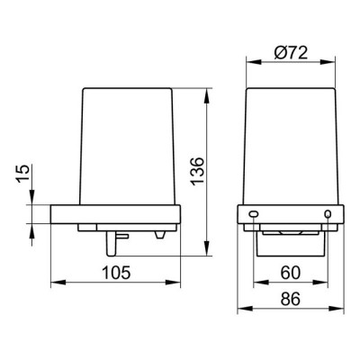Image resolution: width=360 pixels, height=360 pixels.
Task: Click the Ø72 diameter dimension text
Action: (x=291, y=53)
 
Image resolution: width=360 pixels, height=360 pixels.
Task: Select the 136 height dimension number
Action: (x=198, y=171)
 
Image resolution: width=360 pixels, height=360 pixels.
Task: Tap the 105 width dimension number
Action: (x=116, y=273)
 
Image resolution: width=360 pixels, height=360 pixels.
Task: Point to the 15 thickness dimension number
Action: (x=23, y=174)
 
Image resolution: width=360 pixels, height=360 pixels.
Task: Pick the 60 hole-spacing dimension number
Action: (x=291, y=273)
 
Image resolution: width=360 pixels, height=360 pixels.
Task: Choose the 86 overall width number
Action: (x=291, y=299)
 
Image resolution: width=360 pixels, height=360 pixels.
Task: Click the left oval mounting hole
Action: (x=254, y=214)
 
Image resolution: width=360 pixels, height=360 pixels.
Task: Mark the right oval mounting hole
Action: (x=328, y=214)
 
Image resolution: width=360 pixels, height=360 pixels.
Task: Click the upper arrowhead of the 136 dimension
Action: (x=207, y=95)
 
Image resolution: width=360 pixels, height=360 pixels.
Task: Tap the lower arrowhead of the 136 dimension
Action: (x=207, y=248)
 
